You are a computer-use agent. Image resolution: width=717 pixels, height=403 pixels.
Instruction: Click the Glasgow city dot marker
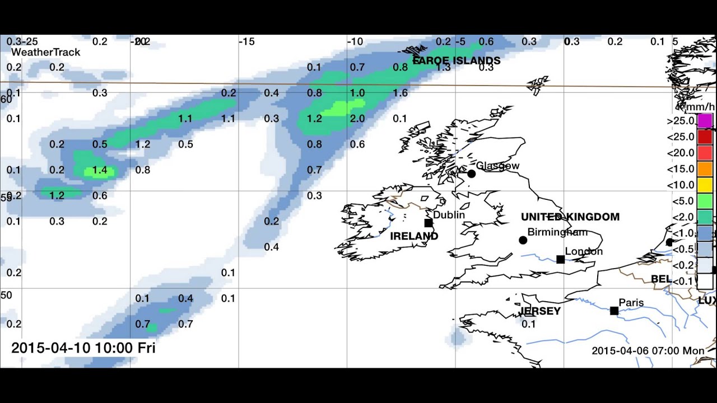point(471,174)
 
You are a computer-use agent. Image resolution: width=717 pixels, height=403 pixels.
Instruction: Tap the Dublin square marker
point(429,223)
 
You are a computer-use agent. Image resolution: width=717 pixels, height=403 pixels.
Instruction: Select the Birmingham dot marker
point(523,240)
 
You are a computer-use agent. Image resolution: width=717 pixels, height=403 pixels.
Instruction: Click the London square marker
point(560,259)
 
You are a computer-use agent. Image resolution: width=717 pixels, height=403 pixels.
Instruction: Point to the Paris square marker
point(614,311)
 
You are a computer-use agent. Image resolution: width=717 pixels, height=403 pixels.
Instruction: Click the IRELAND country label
point(414,236)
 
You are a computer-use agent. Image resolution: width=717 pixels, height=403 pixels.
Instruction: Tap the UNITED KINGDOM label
point(570,217)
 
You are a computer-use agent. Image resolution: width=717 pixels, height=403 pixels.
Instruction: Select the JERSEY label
point(540,311)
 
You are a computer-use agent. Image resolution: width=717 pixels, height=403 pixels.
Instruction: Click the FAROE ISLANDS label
point(457,60)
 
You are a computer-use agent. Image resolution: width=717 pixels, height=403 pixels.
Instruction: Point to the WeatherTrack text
point(46,52)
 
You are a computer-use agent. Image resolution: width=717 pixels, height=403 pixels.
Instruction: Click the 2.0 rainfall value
point(357,119)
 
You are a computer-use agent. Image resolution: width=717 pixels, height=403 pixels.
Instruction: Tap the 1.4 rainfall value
point(100,170)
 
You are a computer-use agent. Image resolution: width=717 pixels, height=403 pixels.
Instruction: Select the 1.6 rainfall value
point(401,93)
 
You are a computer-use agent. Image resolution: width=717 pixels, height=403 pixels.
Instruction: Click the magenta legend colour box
point(705,121)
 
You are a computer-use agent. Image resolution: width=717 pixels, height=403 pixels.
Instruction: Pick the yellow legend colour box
point(705,185)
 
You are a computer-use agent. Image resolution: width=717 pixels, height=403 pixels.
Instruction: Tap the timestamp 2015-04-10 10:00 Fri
point(83,348)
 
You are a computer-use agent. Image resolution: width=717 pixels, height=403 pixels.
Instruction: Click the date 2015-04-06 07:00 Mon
point(648,351)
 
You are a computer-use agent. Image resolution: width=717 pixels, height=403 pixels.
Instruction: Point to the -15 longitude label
point(247,41)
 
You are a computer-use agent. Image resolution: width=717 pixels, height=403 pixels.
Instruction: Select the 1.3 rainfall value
point(443,67)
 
